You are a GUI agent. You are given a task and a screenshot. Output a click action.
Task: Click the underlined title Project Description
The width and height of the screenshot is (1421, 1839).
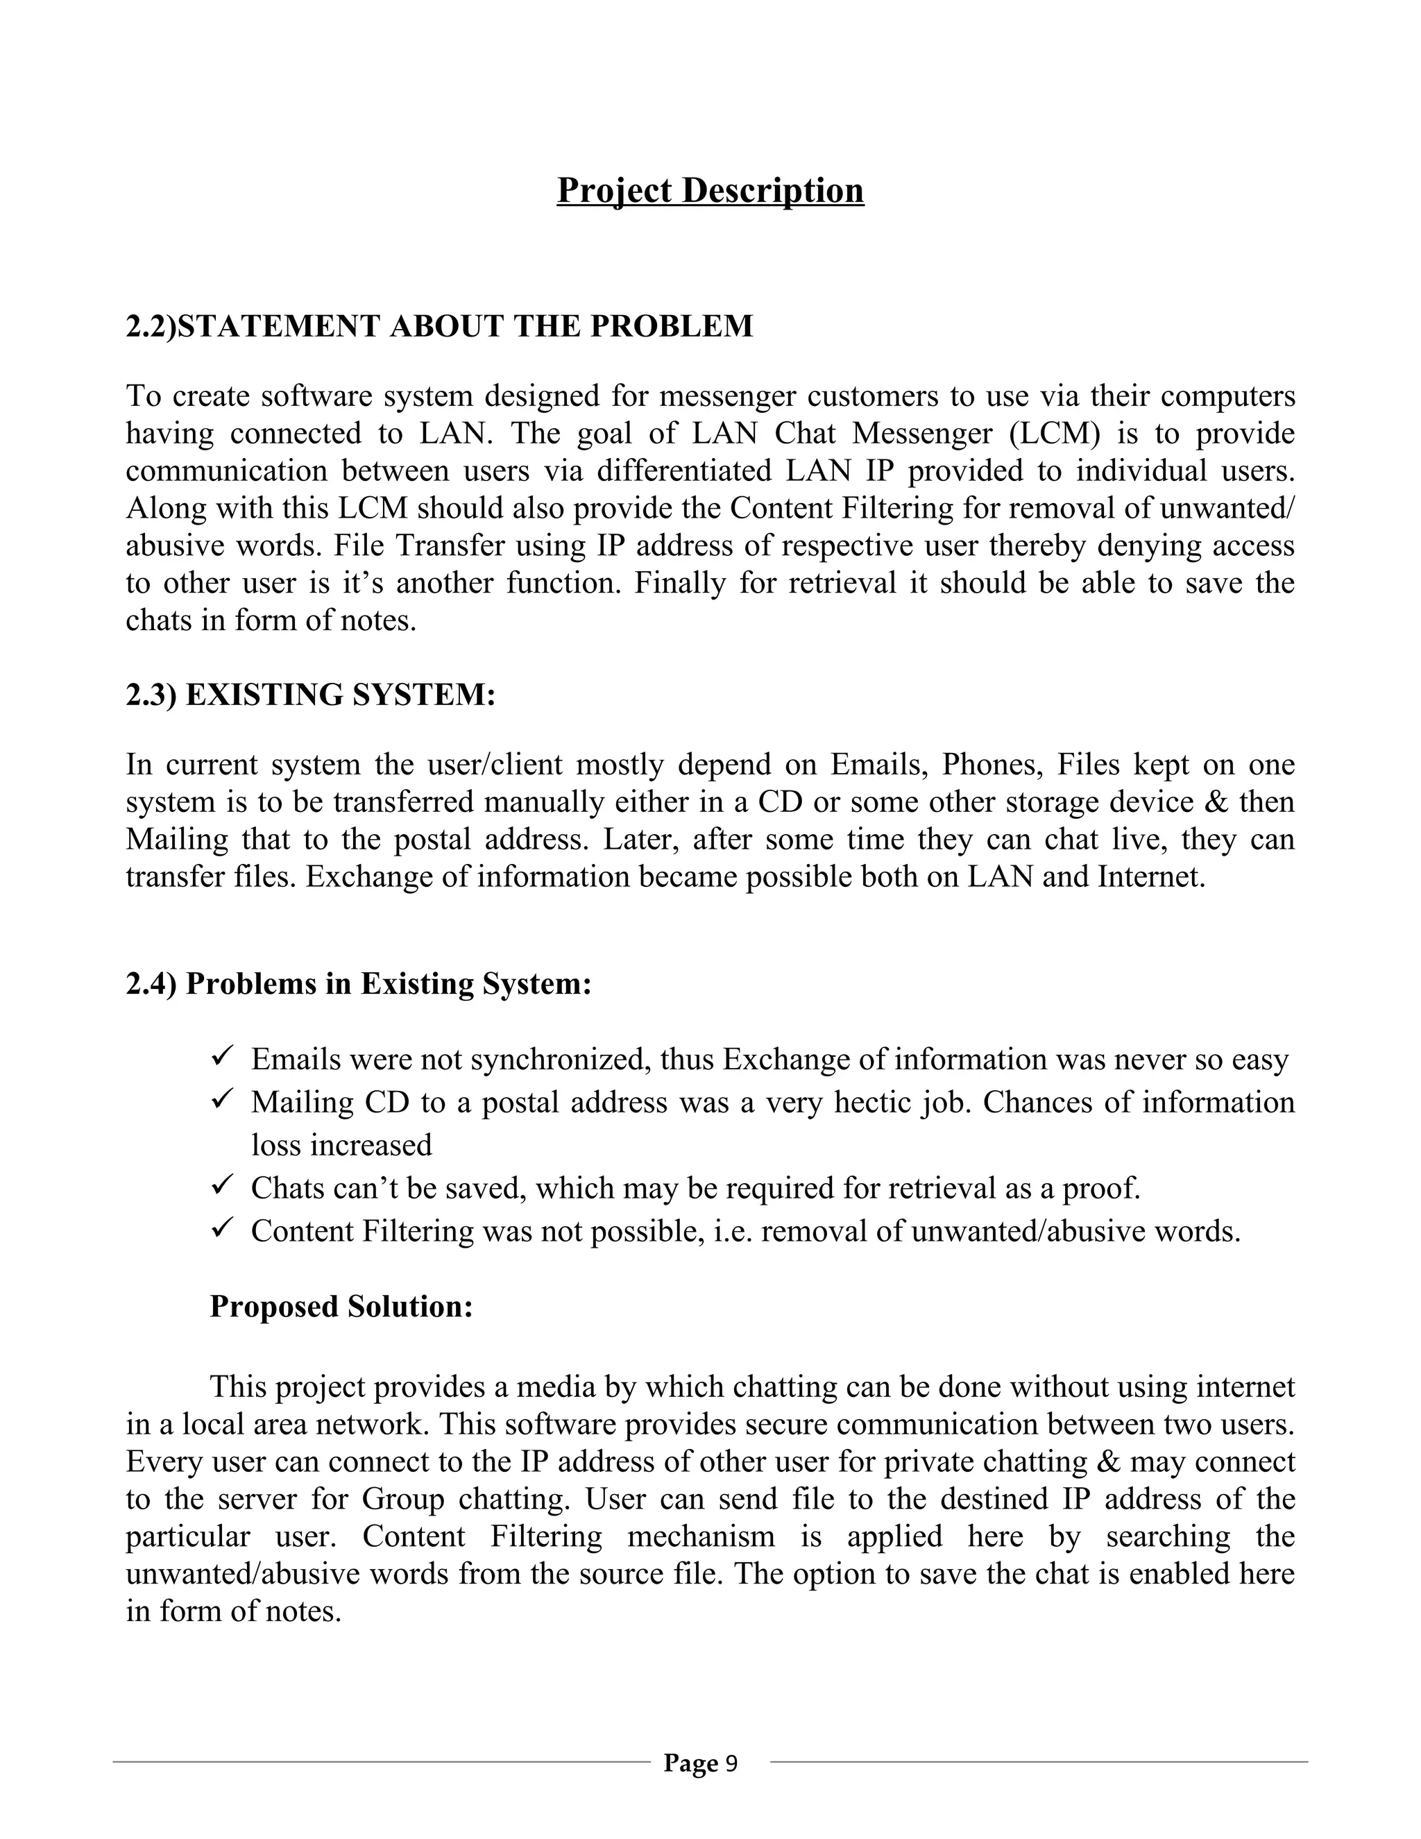point(710,190)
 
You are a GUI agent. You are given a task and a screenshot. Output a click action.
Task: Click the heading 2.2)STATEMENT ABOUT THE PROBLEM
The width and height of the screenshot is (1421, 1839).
point(439,326)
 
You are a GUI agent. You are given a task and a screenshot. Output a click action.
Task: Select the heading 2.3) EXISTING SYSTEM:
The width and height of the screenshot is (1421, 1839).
point(311,695)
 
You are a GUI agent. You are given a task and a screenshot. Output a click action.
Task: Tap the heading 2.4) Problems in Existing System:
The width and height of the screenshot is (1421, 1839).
point(359,983)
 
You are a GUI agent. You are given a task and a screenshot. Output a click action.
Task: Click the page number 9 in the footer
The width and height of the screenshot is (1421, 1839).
point(731,1763)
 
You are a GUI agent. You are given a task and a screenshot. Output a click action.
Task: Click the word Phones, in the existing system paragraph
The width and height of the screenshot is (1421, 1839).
point(992,765)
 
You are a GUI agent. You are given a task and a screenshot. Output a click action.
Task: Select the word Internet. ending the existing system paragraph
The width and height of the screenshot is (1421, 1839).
point(1152,876)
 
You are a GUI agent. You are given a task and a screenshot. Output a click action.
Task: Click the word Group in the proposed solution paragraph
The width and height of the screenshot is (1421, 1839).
point(403,1499)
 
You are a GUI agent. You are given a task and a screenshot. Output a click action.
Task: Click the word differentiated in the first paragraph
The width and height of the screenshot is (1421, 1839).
point(683,470)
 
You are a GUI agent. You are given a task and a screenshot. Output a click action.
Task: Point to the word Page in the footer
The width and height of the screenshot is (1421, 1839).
point(690,1763)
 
